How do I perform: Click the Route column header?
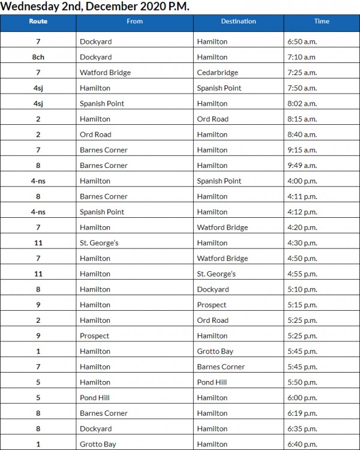pyautogui.click(x=38, y=22)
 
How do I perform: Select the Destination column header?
pyautogui.click(x=238, y=22)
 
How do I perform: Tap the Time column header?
pyautogui.click(x=322, y=22)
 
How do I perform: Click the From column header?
pyautogui.click(x=134, y=22)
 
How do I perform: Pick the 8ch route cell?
pyautogui.click(x=38, y=57)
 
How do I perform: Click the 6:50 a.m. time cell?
pyautogui.click(x=301, y=42)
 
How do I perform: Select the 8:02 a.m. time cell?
pyautogui.click(x=301, y=104)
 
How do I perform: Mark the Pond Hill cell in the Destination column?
pyautogui.click(x=211, y=382)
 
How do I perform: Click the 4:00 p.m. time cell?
pyautogui.click(x=301, y=181)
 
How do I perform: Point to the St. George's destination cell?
pyautogui.click(x=216, y=274)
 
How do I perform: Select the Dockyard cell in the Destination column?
pyautogui.click(x=212, y=290)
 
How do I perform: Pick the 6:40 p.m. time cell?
pyautogui.click(x=301, y=445)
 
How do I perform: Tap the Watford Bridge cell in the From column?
pyautogui.click(x=105, y=73)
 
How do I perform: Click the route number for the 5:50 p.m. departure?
pyautogui.click(x=38, y=382)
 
